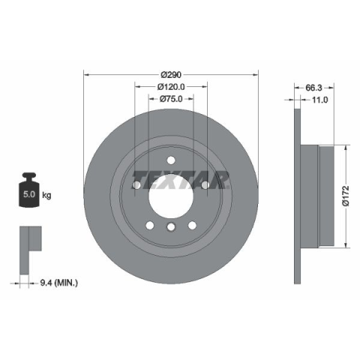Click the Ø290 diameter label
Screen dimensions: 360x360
tap(171, 74)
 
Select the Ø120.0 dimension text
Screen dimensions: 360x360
tap(171, 87)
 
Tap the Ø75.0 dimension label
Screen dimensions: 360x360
tap(171, 99)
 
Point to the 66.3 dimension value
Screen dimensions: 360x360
tap(313, 88)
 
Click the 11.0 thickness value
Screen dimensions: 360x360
tap(319, 100)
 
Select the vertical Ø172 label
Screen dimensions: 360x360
tap(346, 196)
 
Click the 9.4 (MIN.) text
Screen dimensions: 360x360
tap(59, 283)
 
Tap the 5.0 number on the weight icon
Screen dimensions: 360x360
tap(29, 194)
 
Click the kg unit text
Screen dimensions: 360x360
tap(46, 195)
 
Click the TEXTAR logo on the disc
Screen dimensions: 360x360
tap(181, 180)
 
